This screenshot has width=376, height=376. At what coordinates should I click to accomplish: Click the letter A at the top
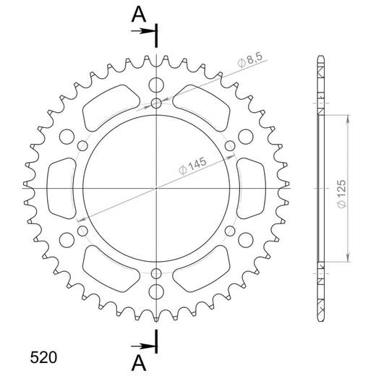[137, 13]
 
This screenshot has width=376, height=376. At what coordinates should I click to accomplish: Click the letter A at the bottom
[137, 359]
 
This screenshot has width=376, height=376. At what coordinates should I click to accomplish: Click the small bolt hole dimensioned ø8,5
[157, 104]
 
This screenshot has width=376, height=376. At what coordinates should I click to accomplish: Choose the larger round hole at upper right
[247, 135]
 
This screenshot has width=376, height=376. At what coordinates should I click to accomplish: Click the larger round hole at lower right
[247, 239]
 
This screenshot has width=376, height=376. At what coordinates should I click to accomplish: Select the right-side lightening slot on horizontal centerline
[251, 187]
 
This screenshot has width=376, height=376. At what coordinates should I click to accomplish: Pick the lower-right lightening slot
[204, 268]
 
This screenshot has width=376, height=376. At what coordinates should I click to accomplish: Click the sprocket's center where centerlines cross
[157, 187]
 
